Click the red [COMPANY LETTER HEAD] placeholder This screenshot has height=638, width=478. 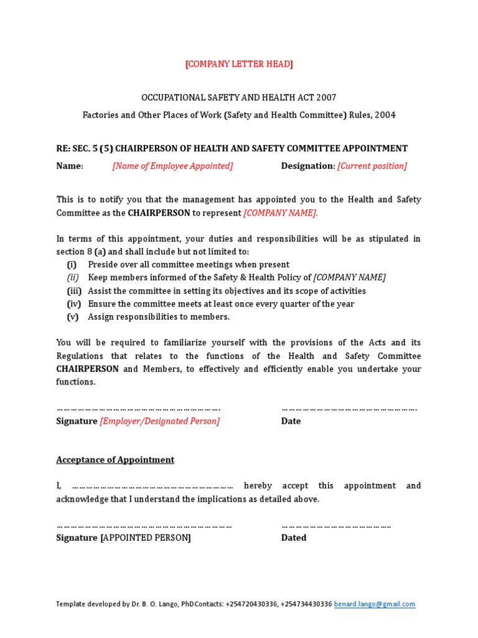[x=239, y=64]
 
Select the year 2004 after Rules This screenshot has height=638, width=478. [x=385, y=115]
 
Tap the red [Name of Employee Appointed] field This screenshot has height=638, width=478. [x=172, y=166]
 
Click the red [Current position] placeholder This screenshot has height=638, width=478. [x=372, y=166]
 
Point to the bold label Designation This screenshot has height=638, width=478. [x=307, y=166]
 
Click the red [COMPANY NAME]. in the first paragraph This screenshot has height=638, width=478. [x=280, y=212]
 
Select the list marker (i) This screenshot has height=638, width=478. [x=72, y=264]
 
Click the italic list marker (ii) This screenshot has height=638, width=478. [x=73, y=277]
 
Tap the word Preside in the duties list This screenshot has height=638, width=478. [x=103, y=264]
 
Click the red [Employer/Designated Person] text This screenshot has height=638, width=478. [x=160, y=421]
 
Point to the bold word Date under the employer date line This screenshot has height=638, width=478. [x=291, y=421]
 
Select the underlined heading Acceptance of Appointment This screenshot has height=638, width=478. [x=115, y=460]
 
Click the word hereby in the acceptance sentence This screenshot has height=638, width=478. [x=258, y=485]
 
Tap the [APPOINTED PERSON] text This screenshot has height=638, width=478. [x=146, y=538]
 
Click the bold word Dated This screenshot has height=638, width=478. [x=294, y=538]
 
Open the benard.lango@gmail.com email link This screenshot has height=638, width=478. [x=375, y=604]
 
